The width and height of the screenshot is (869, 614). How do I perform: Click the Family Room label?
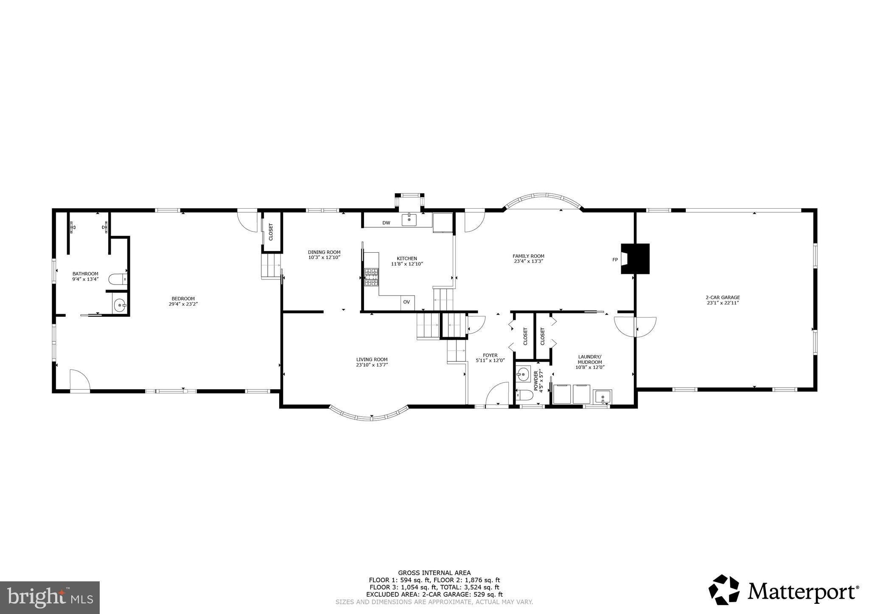coord(528,256)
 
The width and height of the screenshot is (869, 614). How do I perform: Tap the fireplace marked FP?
coord(635,259)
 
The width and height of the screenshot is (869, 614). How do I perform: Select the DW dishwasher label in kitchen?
coord(386,223)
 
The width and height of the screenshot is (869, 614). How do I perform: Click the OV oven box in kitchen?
coord(406,302)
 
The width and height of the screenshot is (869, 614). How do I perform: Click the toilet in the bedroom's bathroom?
coord(117,279)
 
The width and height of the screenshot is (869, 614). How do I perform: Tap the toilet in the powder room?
coord(525,395)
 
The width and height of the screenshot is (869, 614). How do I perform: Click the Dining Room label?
coord(324,252)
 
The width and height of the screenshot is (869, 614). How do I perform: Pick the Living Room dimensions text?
coord(372,365)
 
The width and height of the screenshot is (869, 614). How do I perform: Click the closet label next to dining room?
coord(271,232)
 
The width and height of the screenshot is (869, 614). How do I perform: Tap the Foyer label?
coord(490,355)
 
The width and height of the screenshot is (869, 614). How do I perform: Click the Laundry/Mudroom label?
coord(590,359)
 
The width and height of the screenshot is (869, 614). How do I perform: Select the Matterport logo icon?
coord(724,590)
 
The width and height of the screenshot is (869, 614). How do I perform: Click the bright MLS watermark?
coord(50,597)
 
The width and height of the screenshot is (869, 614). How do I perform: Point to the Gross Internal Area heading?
coord(434,572)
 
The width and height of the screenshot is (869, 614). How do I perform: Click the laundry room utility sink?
coord(603,397)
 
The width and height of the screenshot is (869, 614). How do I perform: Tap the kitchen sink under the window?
coord(409,220)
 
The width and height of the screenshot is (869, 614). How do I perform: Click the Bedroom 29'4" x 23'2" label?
coord(183,301)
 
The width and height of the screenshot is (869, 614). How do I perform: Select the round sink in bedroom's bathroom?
coord(120,304)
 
